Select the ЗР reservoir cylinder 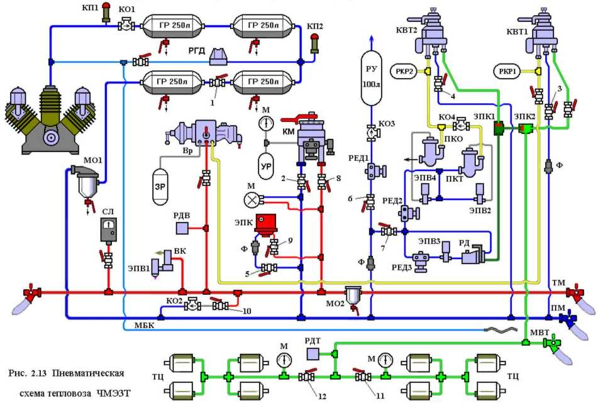click(x=162, y=187)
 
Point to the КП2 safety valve click(x=314, y=43)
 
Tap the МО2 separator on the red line click(x=353, y=295)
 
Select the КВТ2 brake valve click(x=433, y=31)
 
